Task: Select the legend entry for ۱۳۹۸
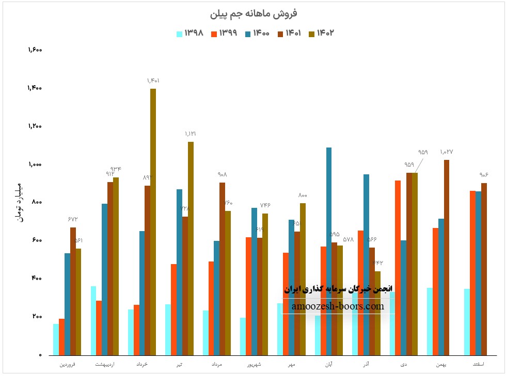(x=191, y=33)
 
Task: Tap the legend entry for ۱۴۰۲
(x=322, y=33)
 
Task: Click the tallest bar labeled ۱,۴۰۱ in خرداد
(x=153, y=222)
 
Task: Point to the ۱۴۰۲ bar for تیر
(x=191, y=248)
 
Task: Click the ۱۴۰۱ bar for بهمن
(x=447, y=257)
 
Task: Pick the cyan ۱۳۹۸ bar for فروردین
(x=56, y=339)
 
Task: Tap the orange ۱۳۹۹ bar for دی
(x=398, y=268)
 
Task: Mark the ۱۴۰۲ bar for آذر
(x=377, y=313)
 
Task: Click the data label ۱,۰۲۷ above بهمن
(x=447, y=152)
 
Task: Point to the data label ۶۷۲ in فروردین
(x=73, y=219)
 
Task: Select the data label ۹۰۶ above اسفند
(x=484, y=175)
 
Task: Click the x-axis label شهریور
(x=252, y=365)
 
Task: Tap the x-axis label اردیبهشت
(x=105, y=365)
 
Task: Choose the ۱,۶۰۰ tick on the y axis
(x=35, y=50)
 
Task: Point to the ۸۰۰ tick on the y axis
(x=37, y=203)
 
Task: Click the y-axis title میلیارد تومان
(x=19, y=202)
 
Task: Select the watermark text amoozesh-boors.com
(x=338, y=306)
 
